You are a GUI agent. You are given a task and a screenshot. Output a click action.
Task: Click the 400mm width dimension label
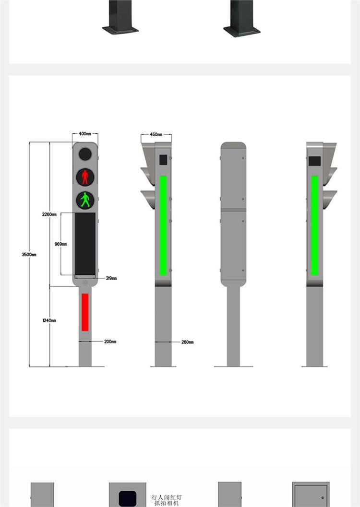pyautogui.click(x=85, y=134)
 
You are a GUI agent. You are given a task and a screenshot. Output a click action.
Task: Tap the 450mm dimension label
pyautogui.click(x=156, y=134)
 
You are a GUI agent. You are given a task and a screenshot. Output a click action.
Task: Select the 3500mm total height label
pyautogui.click(x=29, y=255)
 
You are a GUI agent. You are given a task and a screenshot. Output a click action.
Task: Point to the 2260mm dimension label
pyautogui.click(x=49, y=214)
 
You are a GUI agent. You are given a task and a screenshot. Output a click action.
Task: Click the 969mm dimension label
pyautogui.click(x=60, y=244)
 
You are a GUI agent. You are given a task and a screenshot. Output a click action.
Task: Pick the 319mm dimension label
pyautogui.click(x=111, y=278)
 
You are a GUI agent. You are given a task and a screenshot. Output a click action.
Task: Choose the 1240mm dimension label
pyautogui.click(x=49, y=320)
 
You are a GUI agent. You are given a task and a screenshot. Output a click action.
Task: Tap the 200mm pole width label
pyautogui.click(x=110, y=342)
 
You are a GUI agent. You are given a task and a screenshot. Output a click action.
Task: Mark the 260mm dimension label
pyautogui.click(x=187, y=342)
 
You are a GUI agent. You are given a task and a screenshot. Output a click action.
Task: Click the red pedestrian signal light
pyautogui.click(x=85, y=177)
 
